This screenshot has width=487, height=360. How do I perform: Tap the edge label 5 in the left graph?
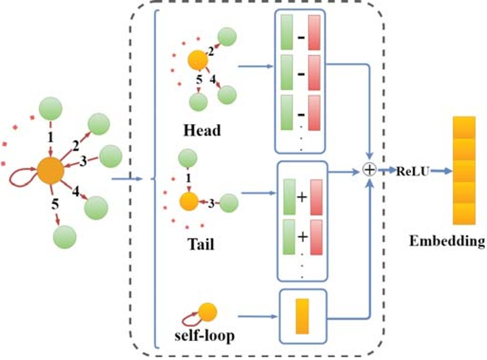click(x=54, y=203)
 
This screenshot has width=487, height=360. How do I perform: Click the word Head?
click(x=202, y=131)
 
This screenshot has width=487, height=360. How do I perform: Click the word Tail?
click(x=201, y=245)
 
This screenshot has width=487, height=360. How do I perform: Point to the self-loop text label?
click(x=204, y=336)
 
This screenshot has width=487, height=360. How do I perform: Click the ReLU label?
click(x=410, y=170)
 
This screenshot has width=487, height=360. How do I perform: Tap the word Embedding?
click(x=446, y=241)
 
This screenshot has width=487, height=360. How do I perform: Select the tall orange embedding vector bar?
click(x=464, y=170)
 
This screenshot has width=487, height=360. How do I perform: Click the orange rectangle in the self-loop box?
click(x=302, y=315)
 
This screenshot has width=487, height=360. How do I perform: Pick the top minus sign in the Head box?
click(x=300, y=38)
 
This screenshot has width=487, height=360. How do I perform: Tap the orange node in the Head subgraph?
click(x=197, y=59)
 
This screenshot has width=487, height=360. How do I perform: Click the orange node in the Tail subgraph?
click(x=188, y=201)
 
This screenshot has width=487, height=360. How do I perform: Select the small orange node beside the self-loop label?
click(x=208, y=312)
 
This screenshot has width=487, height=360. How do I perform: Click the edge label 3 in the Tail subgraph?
click(x=211, y=202)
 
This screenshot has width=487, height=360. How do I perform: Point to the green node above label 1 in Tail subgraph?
click(x=188, y=158)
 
